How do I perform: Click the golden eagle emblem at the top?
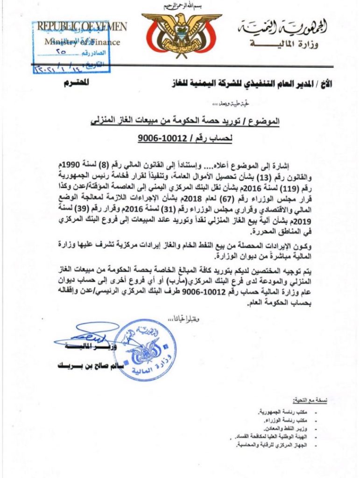tap(182, 35)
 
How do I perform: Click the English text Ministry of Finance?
tap(82, 42)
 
